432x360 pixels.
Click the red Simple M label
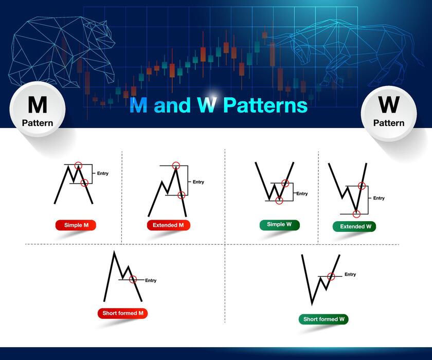[x=76, y=225]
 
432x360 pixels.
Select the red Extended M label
[x=168, y=225]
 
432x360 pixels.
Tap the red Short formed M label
[x=123, y=313]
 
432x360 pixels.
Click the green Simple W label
[x=279, y=225]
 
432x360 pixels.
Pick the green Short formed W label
[x=323, y=319]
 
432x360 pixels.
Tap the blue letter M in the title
[x=138, y=105]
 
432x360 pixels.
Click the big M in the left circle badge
[x=37, y=105]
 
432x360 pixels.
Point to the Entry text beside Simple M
[x=103, y=173]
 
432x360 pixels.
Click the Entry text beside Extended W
[x=379, y=198]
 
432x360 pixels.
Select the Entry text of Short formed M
[x=151, y=280]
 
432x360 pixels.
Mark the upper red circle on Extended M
[x=176, y=166]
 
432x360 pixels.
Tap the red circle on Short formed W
[x=331, y=277]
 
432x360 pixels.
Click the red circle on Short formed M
[x=133, y=279]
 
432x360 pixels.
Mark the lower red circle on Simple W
[x=279, y=200]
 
